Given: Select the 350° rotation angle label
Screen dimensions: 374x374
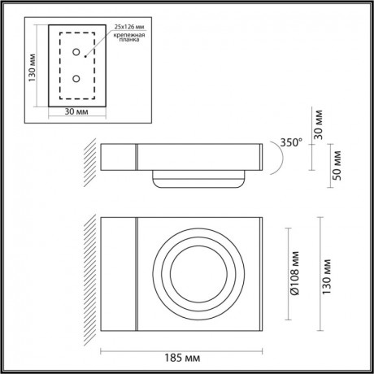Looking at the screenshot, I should (290, 142).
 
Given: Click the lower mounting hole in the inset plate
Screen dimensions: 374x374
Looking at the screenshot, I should (76, 79).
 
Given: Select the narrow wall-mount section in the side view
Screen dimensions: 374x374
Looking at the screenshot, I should (118, 159).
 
